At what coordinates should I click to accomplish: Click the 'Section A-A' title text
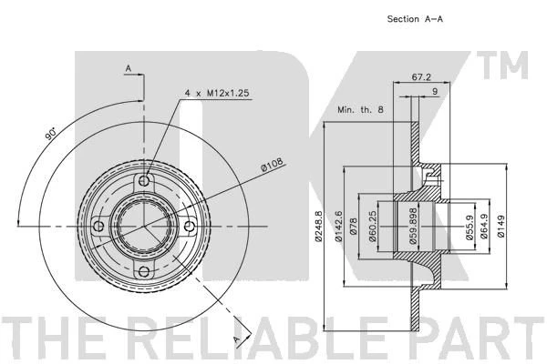[415, 19]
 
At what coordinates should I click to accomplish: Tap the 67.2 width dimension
[421, 77]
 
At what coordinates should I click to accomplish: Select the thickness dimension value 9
[435, 91]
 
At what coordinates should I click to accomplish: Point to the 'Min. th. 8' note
[360, 110]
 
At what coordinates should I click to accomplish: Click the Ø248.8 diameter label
[318, 226]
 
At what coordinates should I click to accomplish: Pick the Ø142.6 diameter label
[338, 226]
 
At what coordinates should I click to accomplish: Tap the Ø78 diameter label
[353, 226]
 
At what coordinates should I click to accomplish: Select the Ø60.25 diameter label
[373, 226]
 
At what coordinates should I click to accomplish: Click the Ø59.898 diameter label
[413, 226]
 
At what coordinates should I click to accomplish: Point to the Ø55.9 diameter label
[470, 227]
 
